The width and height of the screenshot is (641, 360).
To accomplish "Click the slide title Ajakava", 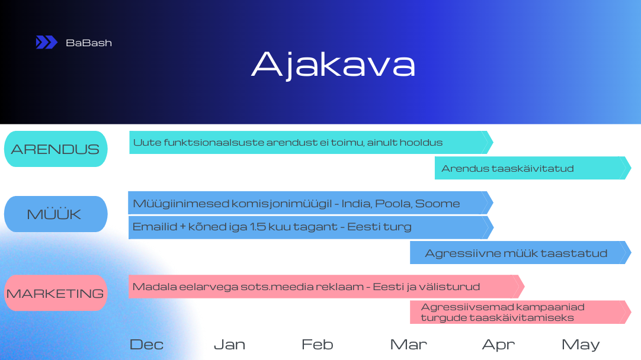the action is point(333,65).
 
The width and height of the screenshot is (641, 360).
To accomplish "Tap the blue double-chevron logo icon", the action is point(46,42).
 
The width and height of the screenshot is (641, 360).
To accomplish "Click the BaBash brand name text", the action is point(89,43).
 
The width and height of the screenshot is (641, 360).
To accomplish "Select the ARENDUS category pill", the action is point(56,149).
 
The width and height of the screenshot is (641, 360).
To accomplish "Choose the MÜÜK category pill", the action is point(56,214).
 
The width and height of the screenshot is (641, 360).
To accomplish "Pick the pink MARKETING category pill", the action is point(56,293).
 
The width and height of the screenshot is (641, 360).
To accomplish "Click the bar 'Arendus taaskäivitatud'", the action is point(533,168).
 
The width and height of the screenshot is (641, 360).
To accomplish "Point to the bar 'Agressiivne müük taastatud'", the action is point(520,252).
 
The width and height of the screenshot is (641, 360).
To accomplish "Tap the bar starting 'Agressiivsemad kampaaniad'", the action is point(520,312).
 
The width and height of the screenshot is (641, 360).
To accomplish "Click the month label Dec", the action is point(146,345).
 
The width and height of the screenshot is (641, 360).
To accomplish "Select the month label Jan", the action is point(229,345).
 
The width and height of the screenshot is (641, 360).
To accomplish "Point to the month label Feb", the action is point(317,345).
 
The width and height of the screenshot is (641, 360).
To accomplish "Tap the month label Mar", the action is point(408,345).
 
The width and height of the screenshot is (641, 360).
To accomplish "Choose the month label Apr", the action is point(498,345).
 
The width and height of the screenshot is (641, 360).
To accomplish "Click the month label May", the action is point(581,345).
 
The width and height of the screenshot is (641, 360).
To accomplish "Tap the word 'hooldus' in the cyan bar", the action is point(421,143).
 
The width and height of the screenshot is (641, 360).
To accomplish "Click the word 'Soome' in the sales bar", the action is point(437,204).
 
